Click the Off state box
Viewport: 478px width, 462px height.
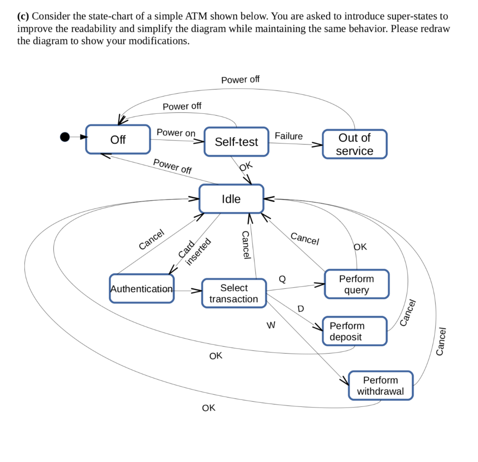118,140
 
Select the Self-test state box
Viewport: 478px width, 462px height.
236,142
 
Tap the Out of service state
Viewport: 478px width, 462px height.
355,144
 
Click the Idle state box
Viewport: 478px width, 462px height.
231,199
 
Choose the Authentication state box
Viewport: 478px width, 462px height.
141,289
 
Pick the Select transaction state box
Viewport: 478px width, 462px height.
234,294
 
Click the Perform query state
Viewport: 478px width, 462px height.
356,284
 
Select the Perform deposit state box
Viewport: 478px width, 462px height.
355,331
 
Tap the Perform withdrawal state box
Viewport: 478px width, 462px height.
380,385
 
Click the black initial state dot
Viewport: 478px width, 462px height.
65,137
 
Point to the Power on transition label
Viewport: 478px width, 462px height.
176,133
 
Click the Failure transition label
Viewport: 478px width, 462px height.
288,136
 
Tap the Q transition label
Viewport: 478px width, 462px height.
282,279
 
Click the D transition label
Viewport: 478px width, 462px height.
301,308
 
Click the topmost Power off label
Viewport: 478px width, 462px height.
240,80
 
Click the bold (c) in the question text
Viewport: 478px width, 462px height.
23,16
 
